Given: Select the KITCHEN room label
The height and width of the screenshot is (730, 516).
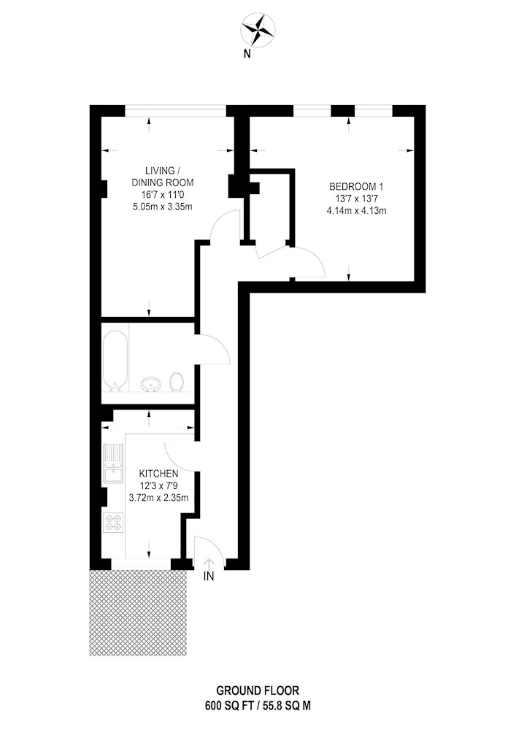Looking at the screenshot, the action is [158, 474].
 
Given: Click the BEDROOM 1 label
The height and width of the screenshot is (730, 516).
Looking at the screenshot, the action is [356, 187].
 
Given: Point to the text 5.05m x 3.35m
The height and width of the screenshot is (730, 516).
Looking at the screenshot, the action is [162, 207].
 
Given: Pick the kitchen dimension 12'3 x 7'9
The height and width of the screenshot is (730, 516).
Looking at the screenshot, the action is [158, 486].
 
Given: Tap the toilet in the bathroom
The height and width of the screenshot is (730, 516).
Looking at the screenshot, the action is [176, 381].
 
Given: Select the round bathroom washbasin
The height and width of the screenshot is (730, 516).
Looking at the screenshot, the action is [151, 384].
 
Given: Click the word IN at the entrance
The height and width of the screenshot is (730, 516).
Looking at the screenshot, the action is [209, 577].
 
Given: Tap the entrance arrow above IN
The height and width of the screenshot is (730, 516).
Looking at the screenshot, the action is [209, 564].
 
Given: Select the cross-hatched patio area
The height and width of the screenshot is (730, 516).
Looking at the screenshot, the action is [138, 612].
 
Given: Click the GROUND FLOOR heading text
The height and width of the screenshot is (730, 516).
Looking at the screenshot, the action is [258, 691].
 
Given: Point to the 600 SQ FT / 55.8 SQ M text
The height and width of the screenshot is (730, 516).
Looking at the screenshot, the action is [258, 706].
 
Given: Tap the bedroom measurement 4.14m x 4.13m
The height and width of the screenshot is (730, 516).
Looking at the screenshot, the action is [357, 210].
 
